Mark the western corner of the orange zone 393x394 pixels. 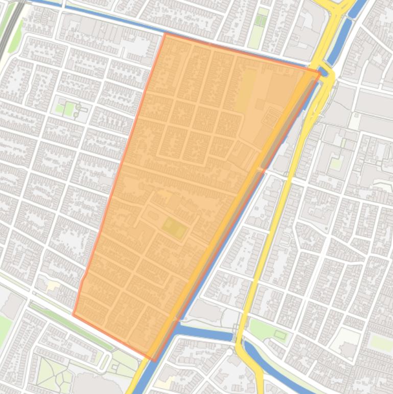point(73,315)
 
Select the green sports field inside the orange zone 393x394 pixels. point(174,228)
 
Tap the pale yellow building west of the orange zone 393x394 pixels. point(53,286)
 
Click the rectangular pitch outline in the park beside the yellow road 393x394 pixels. point(280,335)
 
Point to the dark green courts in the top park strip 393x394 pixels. point(261,20)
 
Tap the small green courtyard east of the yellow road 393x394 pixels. point(336,163)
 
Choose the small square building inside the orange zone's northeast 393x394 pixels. point(260,104)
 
